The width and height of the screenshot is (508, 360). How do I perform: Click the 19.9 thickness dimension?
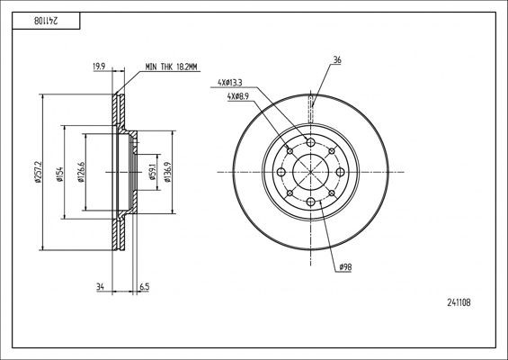pos(98,66)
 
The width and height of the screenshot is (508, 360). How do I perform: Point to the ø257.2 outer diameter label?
pos(37,172)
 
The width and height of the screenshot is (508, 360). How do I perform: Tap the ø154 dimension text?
pos(58,172)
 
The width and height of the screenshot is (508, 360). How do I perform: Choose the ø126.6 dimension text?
pos(81,172)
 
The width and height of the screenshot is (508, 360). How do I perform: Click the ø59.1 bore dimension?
pos(152,172)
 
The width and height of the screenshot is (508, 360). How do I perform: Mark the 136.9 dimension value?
pos(168,172)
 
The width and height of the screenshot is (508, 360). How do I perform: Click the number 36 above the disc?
pos(336,61)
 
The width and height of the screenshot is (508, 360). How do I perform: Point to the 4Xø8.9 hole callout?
pos(242,96)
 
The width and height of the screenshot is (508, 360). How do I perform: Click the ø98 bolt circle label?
pos(345,267)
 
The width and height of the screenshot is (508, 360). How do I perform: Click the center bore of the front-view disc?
pos(311,172)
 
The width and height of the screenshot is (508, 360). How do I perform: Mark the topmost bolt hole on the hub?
pos(311,142)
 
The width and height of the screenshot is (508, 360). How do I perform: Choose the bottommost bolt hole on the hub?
pos(311,202)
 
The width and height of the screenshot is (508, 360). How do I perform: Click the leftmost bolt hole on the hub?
pos(281,172)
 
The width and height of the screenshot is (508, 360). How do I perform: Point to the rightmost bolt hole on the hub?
pos(341,172)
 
